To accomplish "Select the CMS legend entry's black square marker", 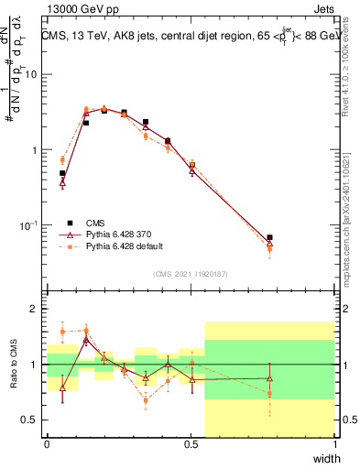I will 70,222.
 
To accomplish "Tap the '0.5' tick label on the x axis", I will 191,444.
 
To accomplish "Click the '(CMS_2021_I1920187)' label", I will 190,273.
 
